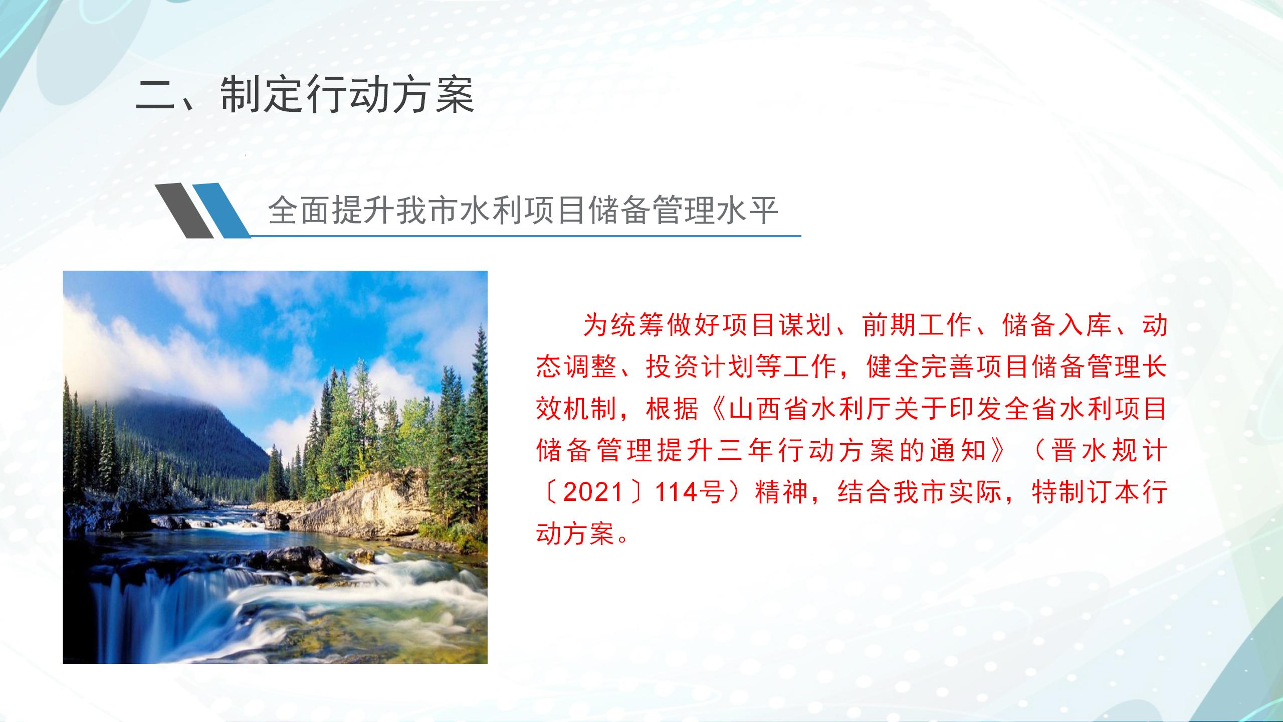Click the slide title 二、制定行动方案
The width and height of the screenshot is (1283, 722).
pos(305,95)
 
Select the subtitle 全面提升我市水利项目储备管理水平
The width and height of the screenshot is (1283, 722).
pos(523,211)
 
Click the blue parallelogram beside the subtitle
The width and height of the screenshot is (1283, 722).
pos(222,210)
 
